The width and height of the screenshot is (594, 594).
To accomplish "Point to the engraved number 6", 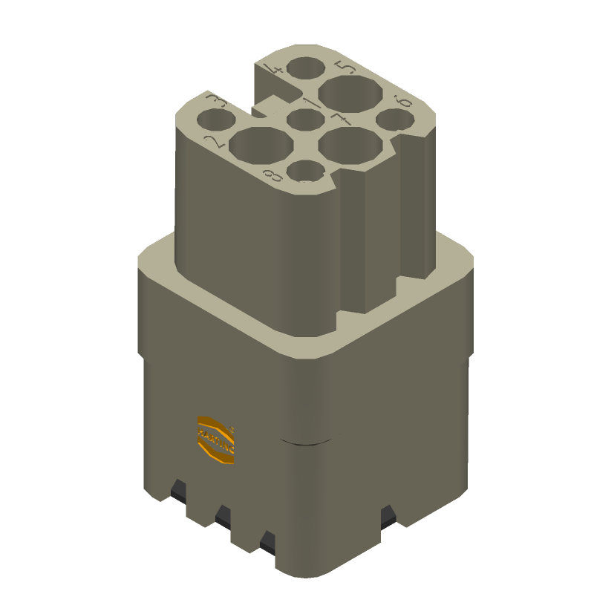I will pyautogui.click(x=403, y=100).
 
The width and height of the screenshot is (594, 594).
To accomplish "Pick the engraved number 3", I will pyautogui.click(x=217, y=100).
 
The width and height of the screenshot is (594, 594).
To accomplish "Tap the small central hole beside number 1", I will pyautogui.click(x=303, y=120).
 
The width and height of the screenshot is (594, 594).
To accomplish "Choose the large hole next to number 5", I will pyautogui.click(x=350, y=95).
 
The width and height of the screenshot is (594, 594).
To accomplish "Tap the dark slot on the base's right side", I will pyautogui.click(x=387, y=515).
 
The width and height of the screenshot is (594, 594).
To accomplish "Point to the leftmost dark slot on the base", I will pyautogui.click(x=178, y=489).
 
